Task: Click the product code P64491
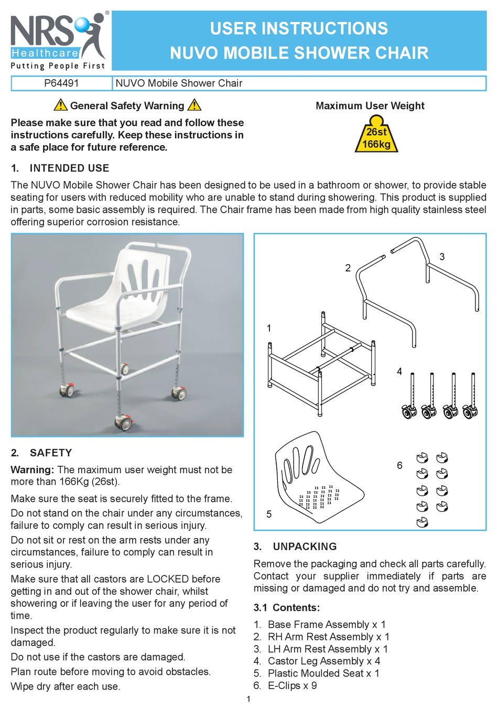tap(62, 83)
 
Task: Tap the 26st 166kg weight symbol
tap(376, 138)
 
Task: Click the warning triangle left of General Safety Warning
tap(60, 105)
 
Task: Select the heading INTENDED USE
tap(69, 168)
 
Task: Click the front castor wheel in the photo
tap(124, 422)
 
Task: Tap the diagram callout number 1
tap(269, 329)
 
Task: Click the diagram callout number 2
tap(348, 268)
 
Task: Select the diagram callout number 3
tap(442, 257)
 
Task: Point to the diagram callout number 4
tap(399, 372)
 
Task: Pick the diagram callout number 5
tap(269, 514)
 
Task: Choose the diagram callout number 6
tap(399, 465)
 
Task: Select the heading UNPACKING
tap(305, 547)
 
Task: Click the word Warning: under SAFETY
tap(33, 469)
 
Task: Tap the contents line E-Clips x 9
tap(292, 685)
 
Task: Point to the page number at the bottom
tap(248, 699)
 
